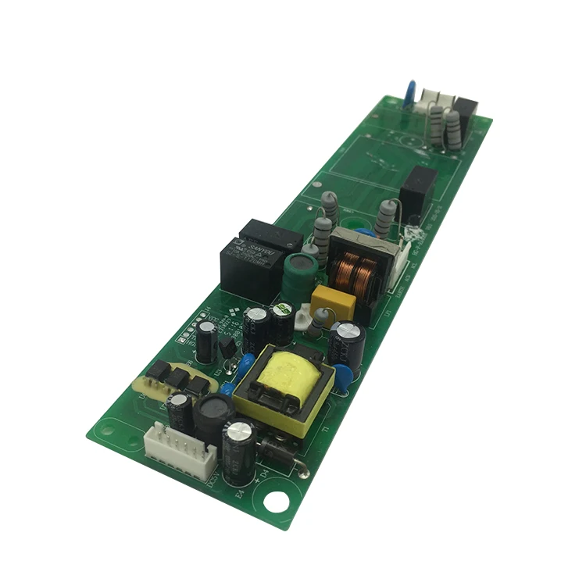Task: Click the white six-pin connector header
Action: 181,450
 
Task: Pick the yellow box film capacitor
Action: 332,302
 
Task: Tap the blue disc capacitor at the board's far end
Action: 409,91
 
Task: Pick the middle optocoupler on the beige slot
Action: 178,377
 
